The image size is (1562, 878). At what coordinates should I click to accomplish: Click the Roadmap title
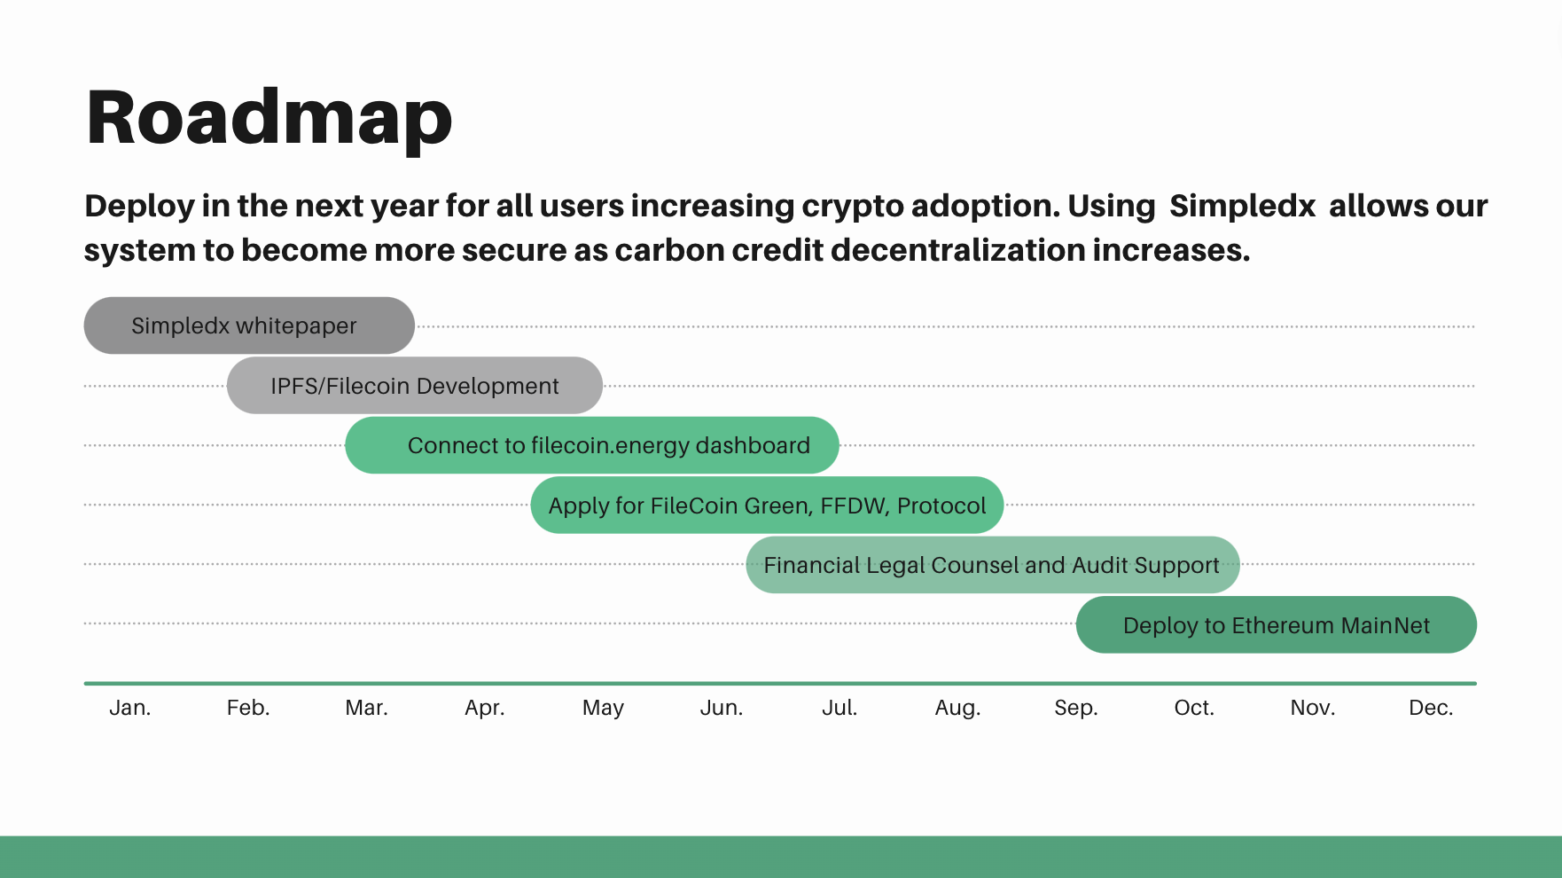[x=269, y=120]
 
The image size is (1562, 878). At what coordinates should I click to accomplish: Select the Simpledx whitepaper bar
[x=249, y=325]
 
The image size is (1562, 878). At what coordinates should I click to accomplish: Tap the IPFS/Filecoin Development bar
[x=415, y=385]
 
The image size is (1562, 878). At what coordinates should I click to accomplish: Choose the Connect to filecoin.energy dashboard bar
[x=592, y=445]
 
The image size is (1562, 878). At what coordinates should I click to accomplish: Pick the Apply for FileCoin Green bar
[x=767, y=505]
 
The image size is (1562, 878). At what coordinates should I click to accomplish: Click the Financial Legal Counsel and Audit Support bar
[x=993, y=565]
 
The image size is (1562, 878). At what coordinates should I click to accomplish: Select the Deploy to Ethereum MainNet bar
[x=1277, y=624]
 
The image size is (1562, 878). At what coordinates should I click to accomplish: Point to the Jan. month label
[x=130, y=708]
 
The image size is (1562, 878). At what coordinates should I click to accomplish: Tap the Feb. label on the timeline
[x=248, y=708]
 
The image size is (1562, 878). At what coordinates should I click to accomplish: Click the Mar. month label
[x=367, y=708]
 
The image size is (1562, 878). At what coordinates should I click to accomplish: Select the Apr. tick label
[x=485, y=709]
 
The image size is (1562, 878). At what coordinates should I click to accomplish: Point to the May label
[x=604, y=709]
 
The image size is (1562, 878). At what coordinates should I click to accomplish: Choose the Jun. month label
[x=722, y=708]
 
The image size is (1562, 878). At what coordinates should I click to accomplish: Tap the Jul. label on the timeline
[x=840, y=708]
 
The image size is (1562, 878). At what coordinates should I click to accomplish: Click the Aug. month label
[x=958, y=709]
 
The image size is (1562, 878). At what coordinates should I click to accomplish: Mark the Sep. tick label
[x=1076, y=709]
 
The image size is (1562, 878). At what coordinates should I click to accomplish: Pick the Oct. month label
[x=1194, y=708]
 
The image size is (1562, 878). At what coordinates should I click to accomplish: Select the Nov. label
[x=1313, y=708]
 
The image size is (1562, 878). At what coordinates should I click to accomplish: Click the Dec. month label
[x=1431, y=708]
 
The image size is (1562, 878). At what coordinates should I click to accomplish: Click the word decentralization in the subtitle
[x=958, y=250]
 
